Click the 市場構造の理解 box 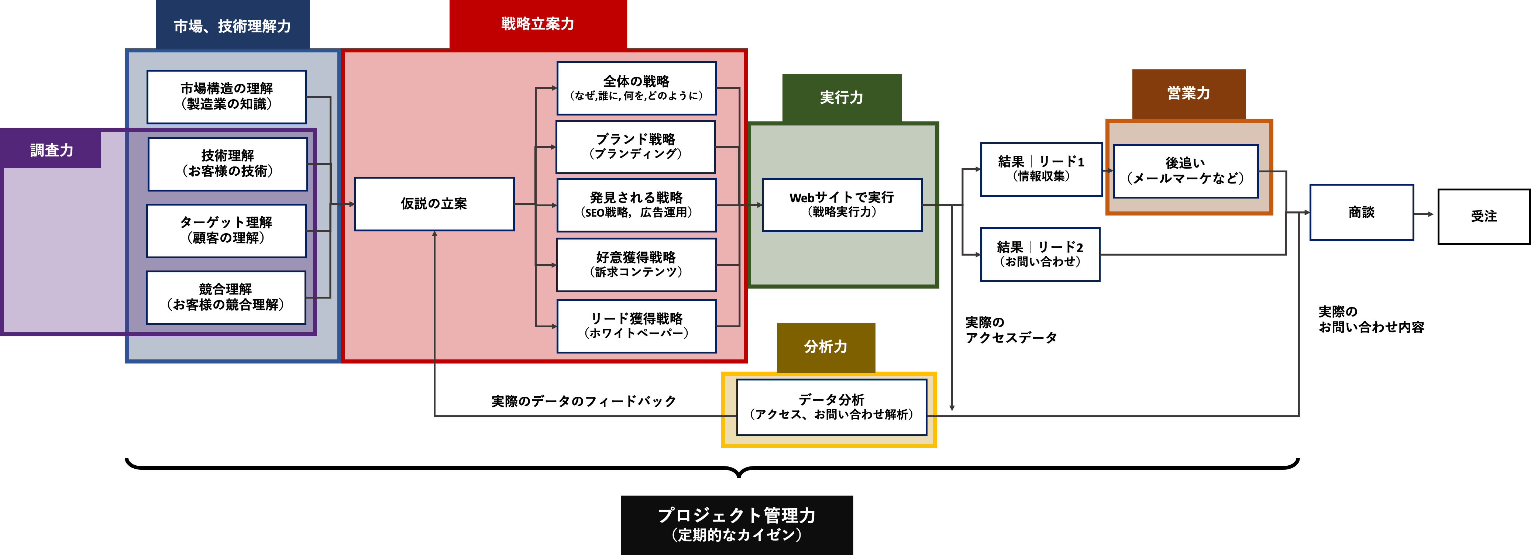click(227, 97)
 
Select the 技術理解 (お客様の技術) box click(228, 164)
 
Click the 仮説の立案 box click(434, 204)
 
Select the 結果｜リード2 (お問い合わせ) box click(1039, 254)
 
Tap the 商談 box click(1361, 212)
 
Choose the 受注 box click(1483, 216)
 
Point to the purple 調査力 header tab click(52, 150)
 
